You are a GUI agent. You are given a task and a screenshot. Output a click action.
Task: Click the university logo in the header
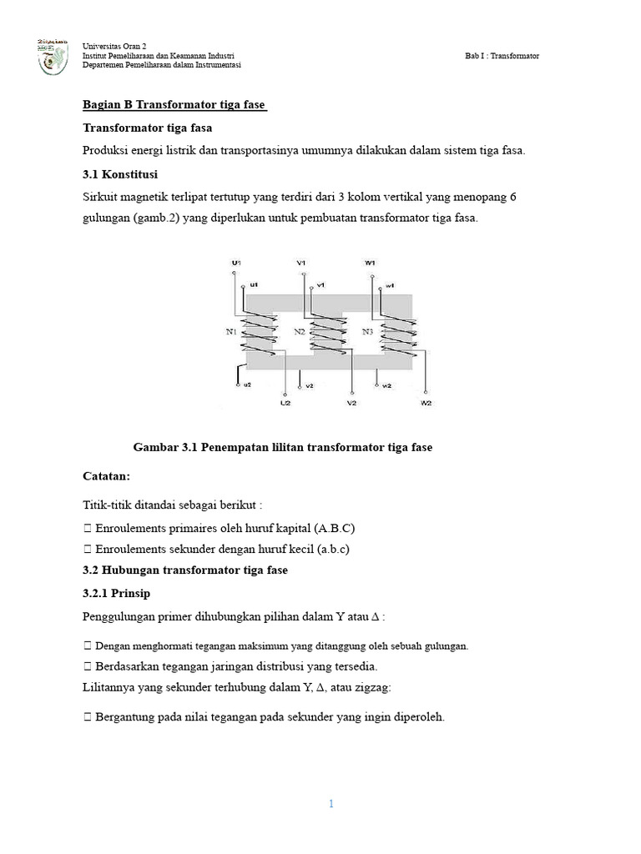click(53, 56)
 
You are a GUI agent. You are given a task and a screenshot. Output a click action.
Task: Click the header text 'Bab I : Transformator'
click(502, 56)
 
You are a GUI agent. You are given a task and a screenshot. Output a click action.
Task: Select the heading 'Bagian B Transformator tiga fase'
click(174, 105)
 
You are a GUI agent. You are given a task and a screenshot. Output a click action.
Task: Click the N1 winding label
click(231, 332)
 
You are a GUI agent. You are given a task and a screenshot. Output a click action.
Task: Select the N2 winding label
click(300, 332)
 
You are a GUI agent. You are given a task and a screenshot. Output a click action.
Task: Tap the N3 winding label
click(368, 332)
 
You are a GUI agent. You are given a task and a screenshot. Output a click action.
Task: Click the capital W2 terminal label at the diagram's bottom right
click(426, 403)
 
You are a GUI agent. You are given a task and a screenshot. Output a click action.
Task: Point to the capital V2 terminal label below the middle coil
click(351, 403)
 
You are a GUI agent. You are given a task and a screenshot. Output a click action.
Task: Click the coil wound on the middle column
click(322, 335)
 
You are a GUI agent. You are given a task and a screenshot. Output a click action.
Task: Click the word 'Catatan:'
click(107, 476)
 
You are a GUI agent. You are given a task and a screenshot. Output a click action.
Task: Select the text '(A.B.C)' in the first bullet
click(337, 529)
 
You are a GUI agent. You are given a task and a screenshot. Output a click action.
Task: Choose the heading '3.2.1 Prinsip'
click(116, 593)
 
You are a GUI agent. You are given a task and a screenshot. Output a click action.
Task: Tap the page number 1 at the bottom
click(331, 804)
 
